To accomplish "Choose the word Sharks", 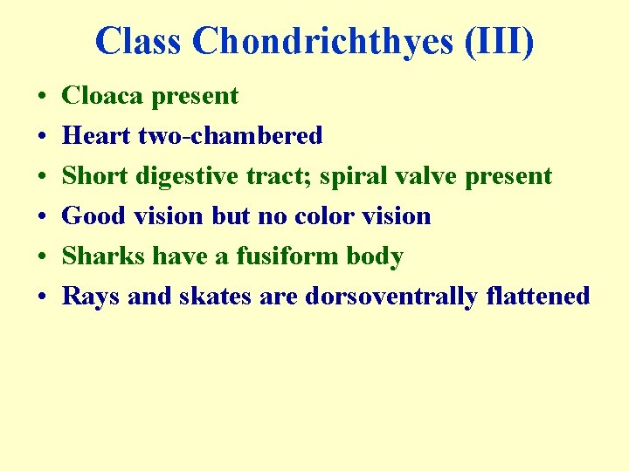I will pyautogui.click(x=104, y=256).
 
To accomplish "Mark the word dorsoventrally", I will pyautogui.click(x=391, y=296).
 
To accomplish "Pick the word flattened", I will pyautogui.click(x=537, y=296).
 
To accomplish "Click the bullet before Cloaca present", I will pyautogui.click(x=41, y=96).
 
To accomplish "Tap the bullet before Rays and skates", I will pyautogui.click(x=41, y=297).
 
